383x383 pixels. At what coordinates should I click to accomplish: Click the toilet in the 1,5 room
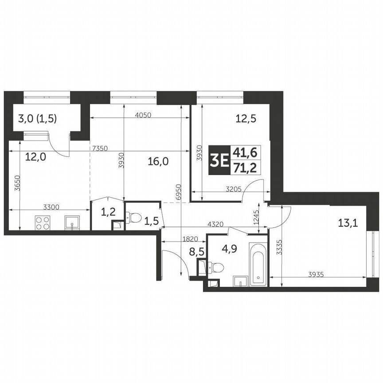(x=134, y=218)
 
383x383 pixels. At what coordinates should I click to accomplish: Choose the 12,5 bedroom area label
(x=247, y=118)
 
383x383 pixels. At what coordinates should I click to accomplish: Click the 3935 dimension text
(x=317, y=274)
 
